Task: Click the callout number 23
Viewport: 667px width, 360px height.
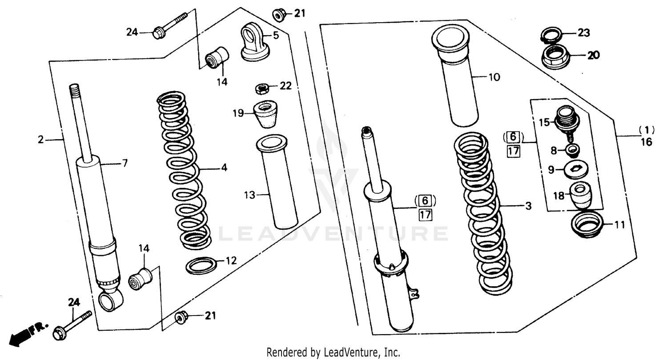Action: (x=583, y=32)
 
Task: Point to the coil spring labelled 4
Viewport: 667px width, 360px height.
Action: (x=184, y=169)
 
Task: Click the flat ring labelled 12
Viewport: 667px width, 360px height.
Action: (x=201, y=266)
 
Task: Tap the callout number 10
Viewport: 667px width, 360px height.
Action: (x=494, y=77)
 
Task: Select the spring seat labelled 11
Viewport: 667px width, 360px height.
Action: (x=586, y=224)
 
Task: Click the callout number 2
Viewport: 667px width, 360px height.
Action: (x=40, y=140)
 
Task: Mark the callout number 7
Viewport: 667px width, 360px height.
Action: (x=125, y=164)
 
